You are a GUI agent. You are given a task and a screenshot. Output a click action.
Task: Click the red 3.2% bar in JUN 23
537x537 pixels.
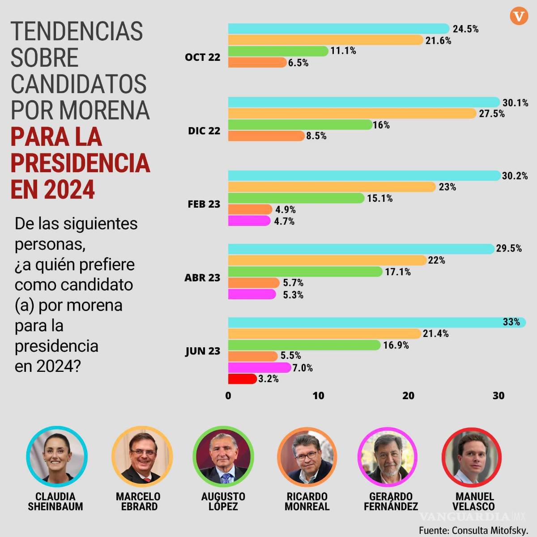(x=242, y=379)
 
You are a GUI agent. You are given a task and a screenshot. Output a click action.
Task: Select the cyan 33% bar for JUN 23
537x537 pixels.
(x=376, y=322)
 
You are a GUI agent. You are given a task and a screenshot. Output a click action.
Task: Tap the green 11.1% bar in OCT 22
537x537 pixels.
(x=278, y=51)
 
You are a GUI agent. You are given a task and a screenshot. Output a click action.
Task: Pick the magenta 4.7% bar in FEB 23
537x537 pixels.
(x=249, y=221)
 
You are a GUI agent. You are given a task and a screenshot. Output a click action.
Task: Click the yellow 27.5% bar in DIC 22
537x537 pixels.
(x=352, y=114)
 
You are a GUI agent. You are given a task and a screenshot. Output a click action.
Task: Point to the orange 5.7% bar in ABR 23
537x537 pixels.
(x=254, y=283)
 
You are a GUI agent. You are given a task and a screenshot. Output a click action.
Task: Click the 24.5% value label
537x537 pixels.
(x=465, y=29)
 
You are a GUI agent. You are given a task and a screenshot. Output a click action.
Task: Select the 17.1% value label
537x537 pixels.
(x=398, y=272)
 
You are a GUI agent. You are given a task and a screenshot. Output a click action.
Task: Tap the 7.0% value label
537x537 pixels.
(x=303, y=368)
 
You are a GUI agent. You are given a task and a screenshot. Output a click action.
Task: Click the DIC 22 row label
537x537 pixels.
(x=204, y=131)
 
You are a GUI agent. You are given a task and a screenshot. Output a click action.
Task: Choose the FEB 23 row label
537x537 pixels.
(x=204, y=204)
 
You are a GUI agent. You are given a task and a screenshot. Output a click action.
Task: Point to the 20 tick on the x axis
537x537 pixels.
(x=408, y=396)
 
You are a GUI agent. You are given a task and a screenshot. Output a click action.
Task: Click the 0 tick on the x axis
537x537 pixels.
(x=228, y=396)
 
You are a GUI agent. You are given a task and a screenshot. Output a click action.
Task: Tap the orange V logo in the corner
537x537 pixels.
(x=519, y=17)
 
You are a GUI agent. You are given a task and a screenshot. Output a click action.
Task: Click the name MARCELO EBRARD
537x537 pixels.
(x=138, y=502)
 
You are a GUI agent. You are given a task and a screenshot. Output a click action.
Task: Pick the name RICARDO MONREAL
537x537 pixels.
(x=307, y=502)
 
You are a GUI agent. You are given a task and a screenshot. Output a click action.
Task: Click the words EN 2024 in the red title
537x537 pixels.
(x=53, y=189)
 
